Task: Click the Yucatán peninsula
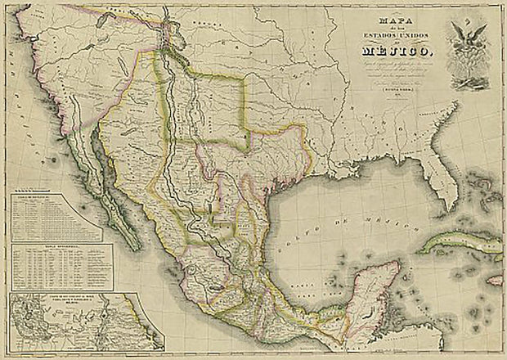[372, 295]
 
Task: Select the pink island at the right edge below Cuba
[496, 280]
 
